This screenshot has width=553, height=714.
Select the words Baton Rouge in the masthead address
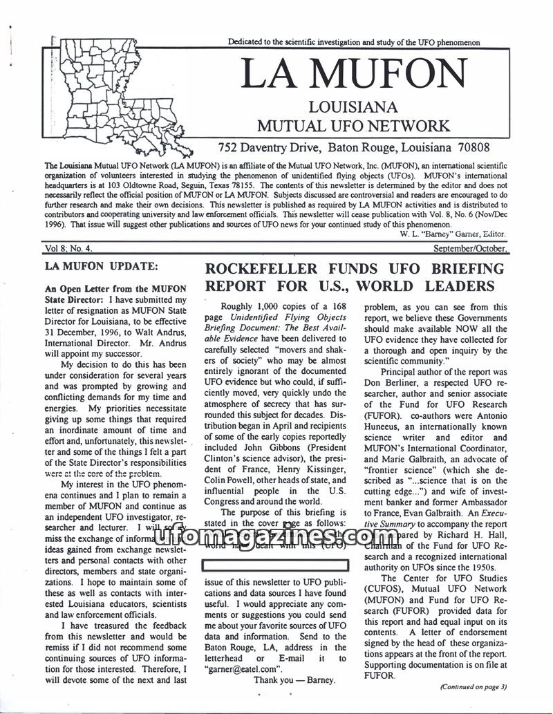coord(368,147)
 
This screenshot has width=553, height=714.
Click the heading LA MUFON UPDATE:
coord(101,265)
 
